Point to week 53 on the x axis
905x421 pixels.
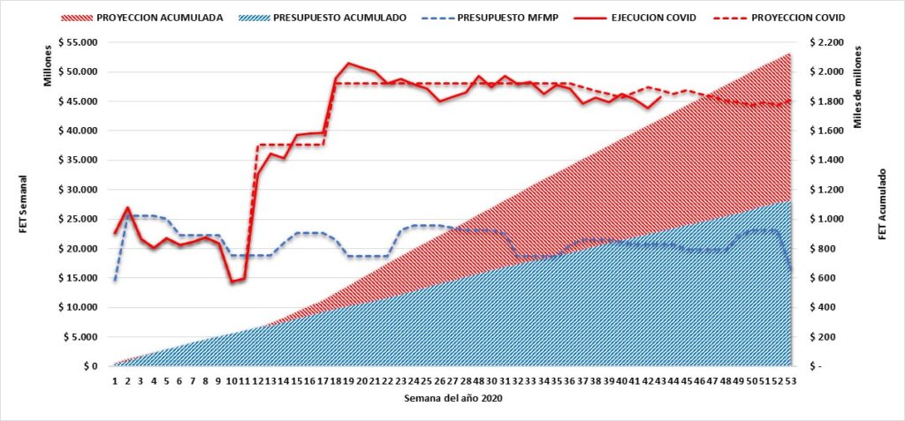[x=790, y=380]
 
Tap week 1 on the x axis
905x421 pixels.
[x=115, y=380]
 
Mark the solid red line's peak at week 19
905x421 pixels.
[x=348, y=64]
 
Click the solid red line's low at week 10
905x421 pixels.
[x=232, y=282]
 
